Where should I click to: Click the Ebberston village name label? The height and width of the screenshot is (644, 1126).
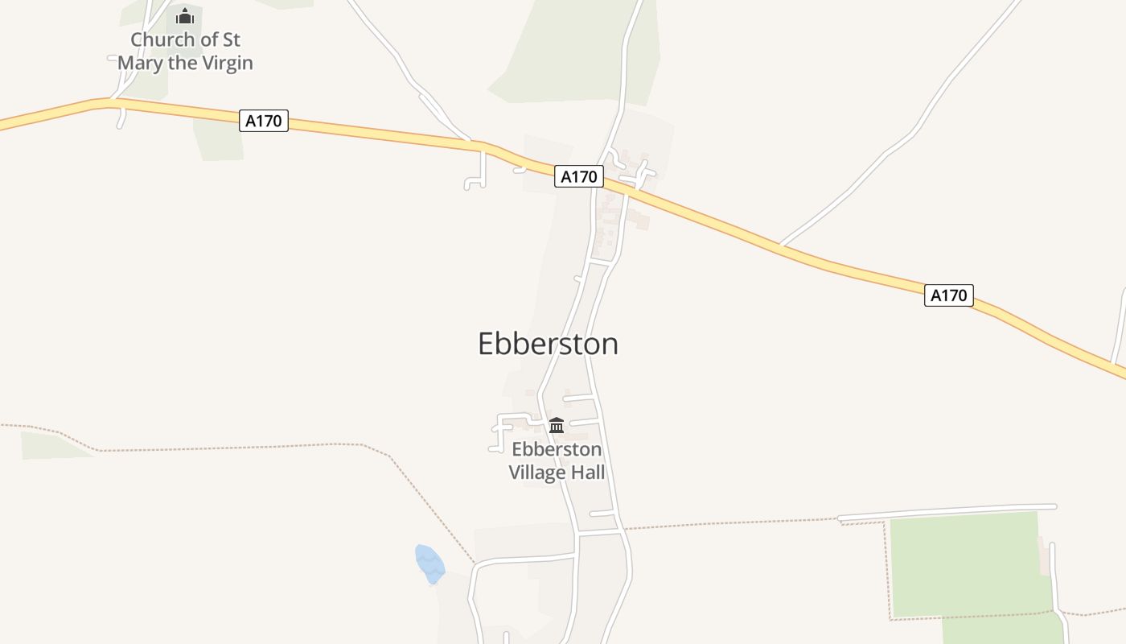tap(548, 344)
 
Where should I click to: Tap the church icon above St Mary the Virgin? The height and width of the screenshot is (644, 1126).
tap(185, 16)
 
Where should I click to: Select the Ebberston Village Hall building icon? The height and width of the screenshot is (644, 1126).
tap(557, 425)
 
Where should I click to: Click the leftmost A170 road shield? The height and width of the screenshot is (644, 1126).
tap(263, 121)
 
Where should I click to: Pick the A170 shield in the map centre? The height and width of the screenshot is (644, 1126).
tap(578, 176)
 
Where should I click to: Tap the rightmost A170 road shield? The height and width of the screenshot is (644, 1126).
tap(948, 295)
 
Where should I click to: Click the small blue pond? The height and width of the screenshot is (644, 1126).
tap(429, 563)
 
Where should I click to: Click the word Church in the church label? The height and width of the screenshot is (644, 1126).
tap(162, 39)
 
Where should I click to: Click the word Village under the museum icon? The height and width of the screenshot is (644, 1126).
tap(537, 472)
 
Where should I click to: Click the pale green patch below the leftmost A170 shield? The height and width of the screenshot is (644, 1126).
tap(219, 140)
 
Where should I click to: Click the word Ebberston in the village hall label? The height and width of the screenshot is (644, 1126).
tap(557, 449)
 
